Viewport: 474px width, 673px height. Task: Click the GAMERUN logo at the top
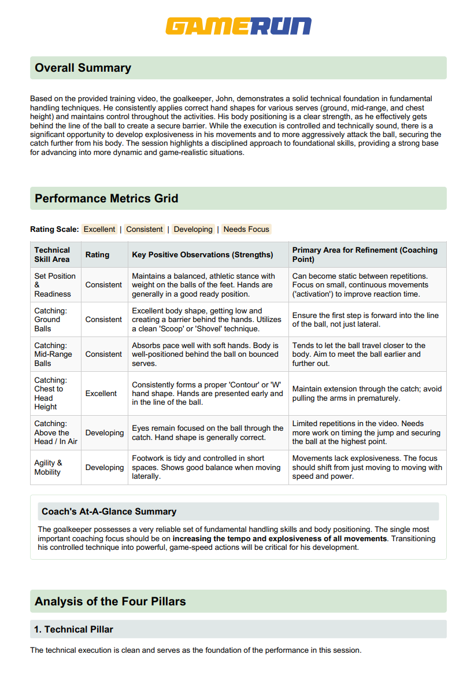238,26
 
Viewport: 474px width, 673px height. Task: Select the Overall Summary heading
83,68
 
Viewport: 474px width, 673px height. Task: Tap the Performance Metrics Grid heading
106,198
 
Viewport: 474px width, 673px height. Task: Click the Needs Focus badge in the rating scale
246,230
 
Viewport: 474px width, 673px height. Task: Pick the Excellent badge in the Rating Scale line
99,230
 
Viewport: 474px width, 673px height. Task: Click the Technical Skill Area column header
52,254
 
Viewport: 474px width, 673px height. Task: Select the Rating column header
97,254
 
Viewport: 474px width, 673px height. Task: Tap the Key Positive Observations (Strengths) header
202,254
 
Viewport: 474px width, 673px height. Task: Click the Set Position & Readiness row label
54,284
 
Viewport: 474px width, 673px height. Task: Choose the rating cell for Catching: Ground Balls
103,319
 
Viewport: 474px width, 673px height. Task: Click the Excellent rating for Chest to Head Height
101,393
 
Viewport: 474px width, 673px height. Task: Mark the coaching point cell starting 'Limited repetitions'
366,432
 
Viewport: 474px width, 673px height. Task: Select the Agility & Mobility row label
48,467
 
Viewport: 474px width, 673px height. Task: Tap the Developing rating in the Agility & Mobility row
105,467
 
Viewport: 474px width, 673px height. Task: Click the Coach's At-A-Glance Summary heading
109,511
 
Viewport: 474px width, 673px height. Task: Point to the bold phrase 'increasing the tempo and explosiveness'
279,538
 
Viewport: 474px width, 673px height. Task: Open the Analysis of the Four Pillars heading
110,601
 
